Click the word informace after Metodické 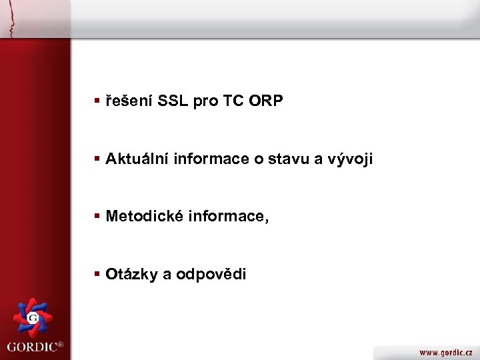(229, 217)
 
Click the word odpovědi (211, 274)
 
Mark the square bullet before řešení (97, 101)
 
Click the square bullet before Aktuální (97, 159)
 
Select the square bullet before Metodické (97, 217)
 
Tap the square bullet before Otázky (97, 274)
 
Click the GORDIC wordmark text (31, 347)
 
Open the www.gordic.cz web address (445, 351)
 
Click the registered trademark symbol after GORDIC (60, 345)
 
